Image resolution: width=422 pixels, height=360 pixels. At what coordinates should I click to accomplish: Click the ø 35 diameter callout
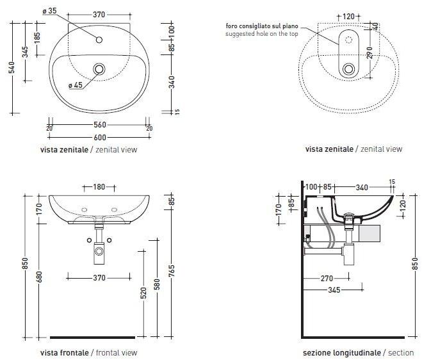(49, 11)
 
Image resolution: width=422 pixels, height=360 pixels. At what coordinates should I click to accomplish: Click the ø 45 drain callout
(76, 85)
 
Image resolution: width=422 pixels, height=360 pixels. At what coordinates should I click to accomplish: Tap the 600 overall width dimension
(100, 138)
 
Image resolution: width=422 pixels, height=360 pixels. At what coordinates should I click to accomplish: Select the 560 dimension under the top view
(100, 125)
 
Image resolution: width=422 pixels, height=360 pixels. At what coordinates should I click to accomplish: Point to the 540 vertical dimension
(12, 68)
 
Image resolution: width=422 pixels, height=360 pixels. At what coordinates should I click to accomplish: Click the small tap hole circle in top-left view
(99, 40)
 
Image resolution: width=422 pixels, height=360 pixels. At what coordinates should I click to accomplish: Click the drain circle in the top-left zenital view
(99, 69)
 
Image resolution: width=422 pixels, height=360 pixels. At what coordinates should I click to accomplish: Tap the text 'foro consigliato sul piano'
(262, 26)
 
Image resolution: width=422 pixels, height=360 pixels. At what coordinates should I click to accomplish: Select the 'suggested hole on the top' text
(262, 34)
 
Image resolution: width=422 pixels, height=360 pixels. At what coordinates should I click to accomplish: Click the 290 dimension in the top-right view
(369, 53)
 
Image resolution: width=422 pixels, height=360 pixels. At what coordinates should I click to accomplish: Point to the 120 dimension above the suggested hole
(348, 17)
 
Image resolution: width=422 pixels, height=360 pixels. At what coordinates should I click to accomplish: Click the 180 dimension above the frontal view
(99, 187)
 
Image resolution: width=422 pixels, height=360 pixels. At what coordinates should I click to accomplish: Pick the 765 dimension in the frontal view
(172, 270)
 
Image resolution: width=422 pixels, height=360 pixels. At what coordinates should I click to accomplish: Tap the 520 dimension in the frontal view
(143, 293)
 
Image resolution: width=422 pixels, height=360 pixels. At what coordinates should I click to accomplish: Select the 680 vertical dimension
(39, 277)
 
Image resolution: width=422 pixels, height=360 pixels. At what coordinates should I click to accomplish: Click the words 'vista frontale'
(64, 352)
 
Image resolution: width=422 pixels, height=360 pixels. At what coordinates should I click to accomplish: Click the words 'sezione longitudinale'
(342, 352)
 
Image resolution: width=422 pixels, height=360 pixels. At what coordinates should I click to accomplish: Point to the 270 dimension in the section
(327, 278)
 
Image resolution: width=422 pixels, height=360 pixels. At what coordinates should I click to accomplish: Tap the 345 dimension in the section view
(334, 290)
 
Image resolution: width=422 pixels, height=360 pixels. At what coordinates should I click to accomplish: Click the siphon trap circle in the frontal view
(99, 252)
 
